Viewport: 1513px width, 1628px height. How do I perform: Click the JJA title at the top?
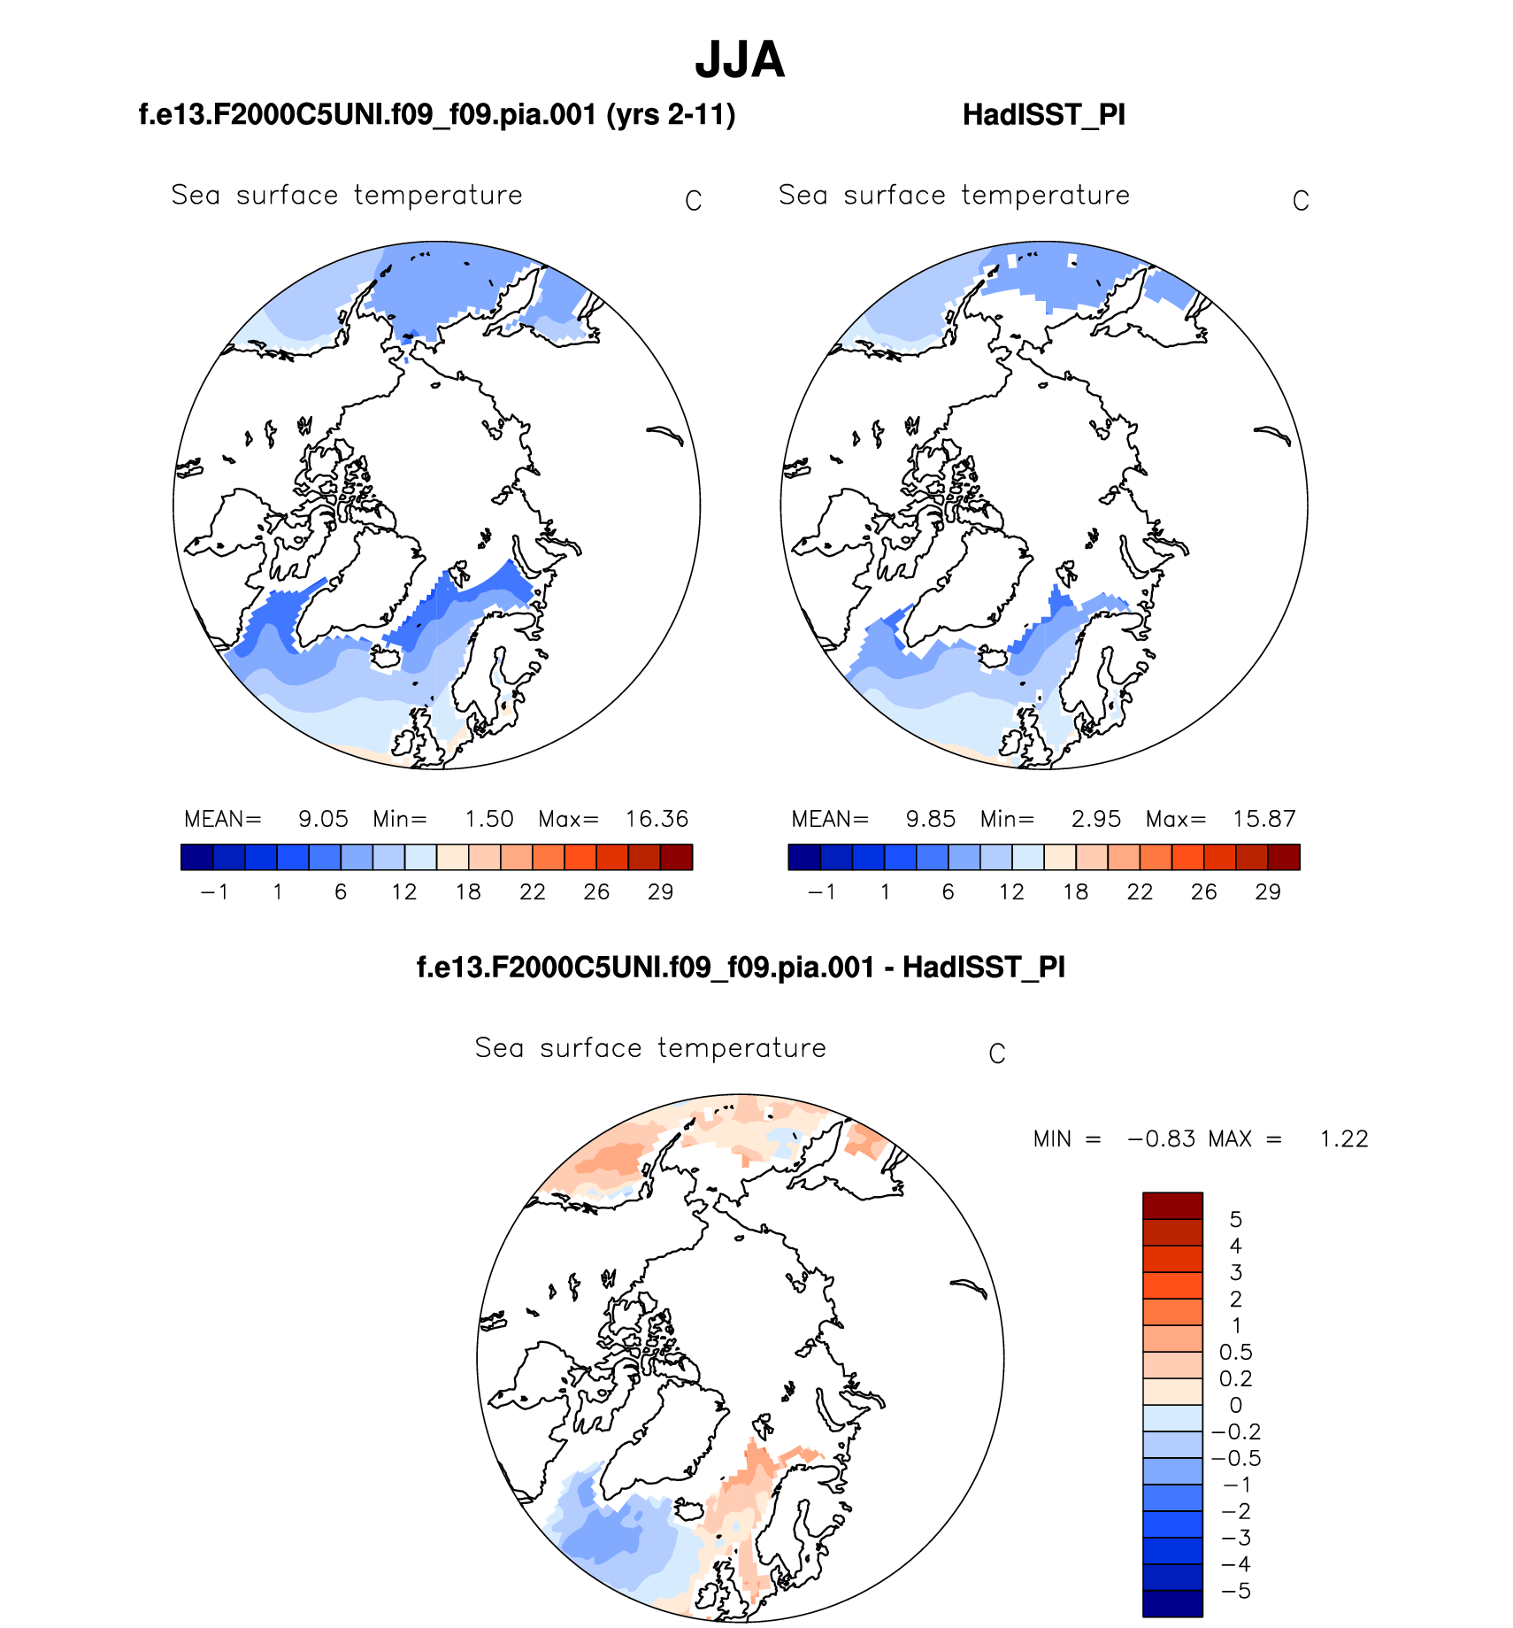740,60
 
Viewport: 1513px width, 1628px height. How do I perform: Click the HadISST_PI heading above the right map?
1043,115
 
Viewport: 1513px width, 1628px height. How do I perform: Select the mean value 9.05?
323,819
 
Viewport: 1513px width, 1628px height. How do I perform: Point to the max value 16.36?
657,819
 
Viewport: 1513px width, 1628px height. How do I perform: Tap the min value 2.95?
1095,819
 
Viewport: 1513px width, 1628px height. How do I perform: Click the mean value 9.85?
930,819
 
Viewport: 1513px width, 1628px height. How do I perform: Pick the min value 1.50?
489,819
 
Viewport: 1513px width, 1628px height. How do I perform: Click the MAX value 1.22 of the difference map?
1343,1139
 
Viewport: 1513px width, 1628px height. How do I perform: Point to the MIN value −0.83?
1161,1139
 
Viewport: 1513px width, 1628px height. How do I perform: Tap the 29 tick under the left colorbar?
660,892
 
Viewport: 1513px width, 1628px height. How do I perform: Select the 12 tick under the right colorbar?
1011,892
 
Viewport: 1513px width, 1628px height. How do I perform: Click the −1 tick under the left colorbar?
214,892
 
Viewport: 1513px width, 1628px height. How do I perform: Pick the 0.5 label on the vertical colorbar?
1235,1353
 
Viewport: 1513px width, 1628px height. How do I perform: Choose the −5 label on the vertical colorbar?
1235,1592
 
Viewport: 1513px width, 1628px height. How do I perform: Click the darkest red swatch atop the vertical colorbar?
1172,1206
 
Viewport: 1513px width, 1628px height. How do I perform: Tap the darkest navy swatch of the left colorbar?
196,857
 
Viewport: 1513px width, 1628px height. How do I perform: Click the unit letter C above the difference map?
996,1054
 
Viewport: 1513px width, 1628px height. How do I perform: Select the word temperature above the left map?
438,196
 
